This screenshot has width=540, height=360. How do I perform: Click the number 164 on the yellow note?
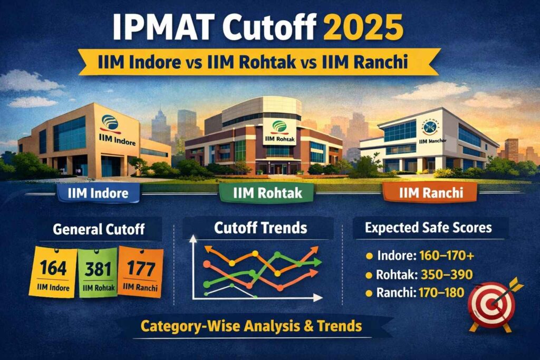click(x=53, y=268)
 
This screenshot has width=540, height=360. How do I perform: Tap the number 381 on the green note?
click(x=98, y=268)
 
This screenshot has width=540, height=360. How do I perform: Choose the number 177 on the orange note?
click(x=140, y=268)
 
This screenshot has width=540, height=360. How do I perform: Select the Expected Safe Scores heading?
click(x=428, y=228)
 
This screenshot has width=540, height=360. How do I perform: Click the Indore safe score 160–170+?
click(x=447, y=257)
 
